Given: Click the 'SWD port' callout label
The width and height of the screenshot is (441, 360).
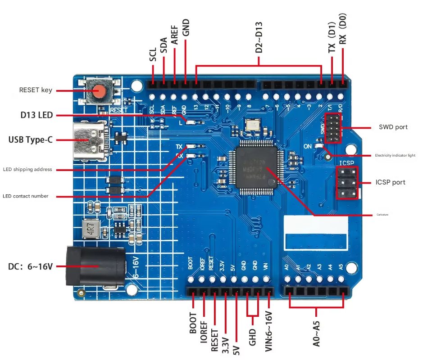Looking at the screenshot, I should [393, 127].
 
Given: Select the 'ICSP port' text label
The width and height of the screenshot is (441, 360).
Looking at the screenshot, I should [390, 182].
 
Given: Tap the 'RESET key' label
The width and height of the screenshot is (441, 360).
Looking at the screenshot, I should [36, 90].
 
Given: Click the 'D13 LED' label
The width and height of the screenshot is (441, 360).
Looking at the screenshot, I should [36, 115].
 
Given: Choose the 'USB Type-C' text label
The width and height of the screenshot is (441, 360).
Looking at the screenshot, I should [31, 139].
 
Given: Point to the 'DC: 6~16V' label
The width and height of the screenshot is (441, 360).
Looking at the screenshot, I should [31, 266].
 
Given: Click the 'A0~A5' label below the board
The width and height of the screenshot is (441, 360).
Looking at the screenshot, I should [317, 333].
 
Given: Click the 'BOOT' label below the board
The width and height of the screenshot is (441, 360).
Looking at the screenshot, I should [193, 323].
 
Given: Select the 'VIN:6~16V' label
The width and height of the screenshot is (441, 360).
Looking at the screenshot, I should [269, 329].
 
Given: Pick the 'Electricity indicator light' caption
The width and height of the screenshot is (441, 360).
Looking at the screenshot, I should [395, 155].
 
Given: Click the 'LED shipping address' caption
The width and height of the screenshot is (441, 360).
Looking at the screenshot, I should [27, 170].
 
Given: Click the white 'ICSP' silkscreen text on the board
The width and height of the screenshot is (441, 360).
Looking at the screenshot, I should [347, 162].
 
